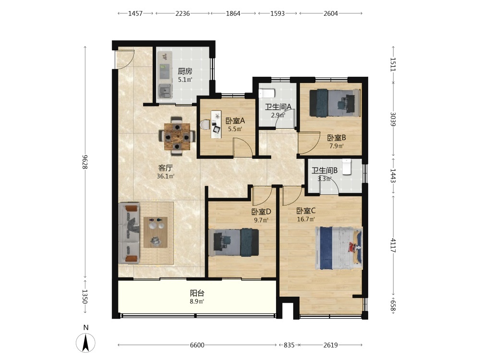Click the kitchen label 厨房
(185, 72)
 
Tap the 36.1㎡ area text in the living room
(166, 176)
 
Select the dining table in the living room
(177, 136)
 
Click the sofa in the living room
(129, 233)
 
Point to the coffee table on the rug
(156, 232)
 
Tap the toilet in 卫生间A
(267, 93)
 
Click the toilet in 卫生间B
(346, 167)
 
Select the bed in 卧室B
(335, 103)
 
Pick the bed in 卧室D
(234, 242)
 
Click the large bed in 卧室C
(339, 248)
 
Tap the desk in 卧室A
(216, 124)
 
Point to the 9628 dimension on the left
(85, 162)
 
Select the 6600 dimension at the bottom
(197, 345)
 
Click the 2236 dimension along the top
(182, 13)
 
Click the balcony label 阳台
(197, 293)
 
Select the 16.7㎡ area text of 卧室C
(306, 219)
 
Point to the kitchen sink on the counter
(164, 90)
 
